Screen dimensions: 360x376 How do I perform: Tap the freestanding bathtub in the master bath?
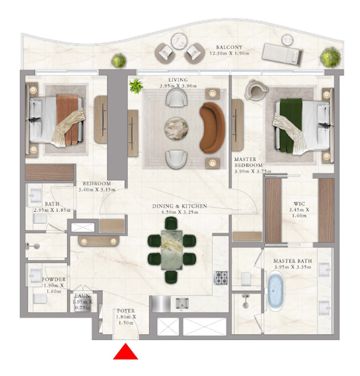pyautogui.click(x=275, y=291)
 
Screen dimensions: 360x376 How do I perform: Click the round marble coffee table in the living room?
pyautogui.click(x=177, y=128)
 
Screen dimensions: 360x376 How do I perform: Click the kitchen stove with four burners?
pyautogui.click(x=220, y=278)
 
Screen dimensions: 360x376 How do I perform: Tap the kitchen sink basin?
pyautogui.click(x=182, y=303)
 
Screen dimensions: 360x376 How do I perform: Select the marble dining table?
pyautogui.click(x=171, y=250)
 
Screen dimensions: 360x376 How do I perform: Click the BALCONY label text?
pyautogui.click(x=229, y=47)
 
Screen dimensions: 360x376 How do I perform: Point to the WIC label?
pyautogui.click(x=299, y=204)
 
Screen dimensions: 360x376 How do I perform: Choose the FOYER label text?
pyautogui.click(x=126, y=311)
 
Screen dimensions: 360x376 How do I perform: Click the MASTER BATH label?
pyautogui.click(x=293, y=261)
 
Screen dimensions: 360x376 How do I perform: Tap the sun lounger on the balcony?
pyautogui.click(x=282, y=54)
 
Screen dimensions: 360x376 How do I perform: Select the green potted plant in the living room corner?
pyautogui.click(x=136, y=86)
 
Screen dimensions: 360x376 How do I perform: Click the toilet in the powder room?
pyautogui.click(x=40, y=299)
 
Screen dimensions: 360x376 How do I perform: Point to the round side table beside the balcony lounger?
pyautogui.click(x=287, y=40)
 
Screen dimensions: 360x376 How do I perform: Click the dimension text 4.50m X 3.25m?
pyautogui.click(x=180, y=212)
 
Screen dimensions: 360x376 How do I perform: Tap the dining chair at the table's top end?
pyautogui.click(x=171, y=223)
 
